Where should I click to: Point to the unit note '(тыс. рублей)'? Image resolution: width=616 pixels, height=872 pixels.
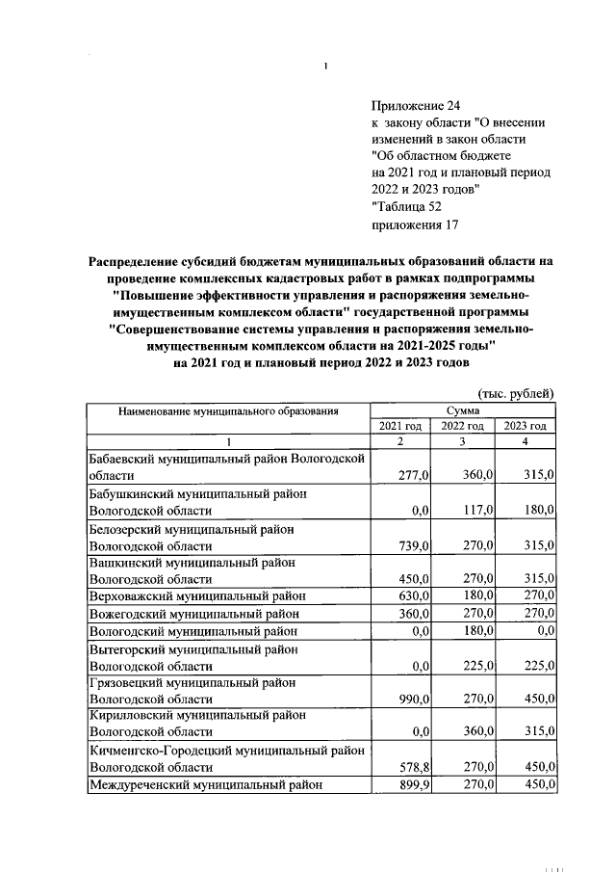click(516, 393)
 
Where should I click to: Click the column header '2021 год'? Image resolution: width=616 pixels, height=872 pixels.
click(400, 426)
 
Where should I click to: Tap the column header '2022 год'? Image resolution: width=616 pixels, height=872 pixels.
click(464, 426)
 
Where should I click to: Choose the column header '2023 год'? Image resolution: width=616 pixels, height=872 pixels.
click(526, 426)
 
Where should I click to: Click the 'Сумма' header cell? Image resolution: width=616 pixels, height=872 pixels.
click(463, 410)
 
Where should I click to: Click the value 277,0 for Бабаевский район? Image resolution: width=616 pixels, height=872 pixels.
click(414, 475)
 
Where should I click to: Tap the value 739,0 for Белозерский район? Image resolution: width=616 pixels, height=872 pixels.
click(414, 545)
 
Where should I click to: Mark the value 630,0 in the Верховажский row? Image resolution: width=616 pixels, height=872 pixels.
click(414, 596)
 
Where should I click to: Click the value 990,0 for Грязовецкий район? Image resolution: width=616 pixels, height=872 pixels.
click(414, 700)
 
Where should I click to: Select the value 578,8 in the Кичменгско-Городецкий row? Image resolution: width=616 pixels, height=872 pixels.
click(414, 768)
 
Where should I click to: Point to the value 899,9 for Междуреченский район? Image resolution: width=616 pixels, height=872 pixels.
click(414, 785)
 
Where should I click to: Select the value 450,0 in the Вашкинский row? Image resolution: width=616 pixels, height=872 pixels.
click(414, 579)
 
